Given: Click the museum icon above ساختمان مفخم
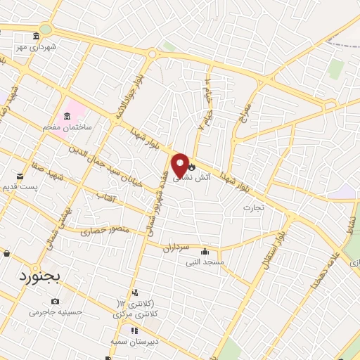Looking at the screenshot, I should [67, 116].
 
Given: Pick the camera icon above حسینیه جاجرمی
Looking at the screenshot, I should [56, 300].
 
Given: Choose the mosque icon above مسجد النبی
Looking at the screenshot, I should [205, 252].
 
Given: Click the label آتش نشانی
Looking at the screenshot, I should [205, 168].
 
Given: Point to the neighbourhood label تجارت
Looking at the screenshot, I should [252, 207].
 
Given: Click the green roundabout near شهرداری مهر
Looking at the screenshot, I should [46, 29].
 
